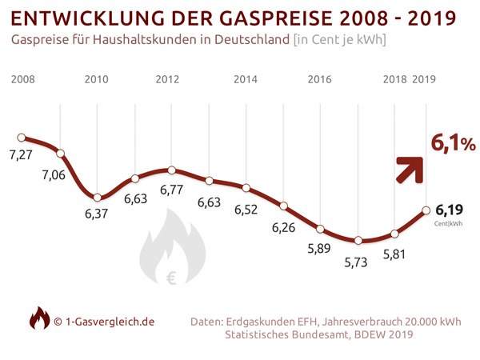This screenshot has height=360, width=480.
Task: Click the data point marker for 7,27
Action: (x=22, y=138)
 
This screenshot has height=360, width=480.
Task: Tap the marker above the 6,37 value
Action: (x=97, y=197)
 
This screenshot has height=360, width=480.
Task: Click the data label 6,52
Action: (x=246, y=210)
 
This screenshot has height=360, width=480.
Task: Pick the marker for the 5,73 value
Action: (x=358, y=240)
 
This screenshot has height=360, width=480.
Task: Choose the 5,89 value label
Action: (x=322, y=250)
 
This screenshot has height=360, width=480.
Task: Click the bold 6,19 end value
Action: (x=450, y=210)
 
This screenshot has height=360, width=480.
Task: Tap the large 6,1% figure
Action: (x=454, y=143)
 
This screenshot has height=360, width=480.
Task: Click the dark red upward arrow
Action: (x=412, y=169)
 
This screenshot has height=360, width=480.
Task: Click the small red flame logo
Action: (x=38, y=319)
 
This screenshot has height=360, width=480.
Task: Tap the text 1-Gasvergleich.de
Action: (x=110, y=321)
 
